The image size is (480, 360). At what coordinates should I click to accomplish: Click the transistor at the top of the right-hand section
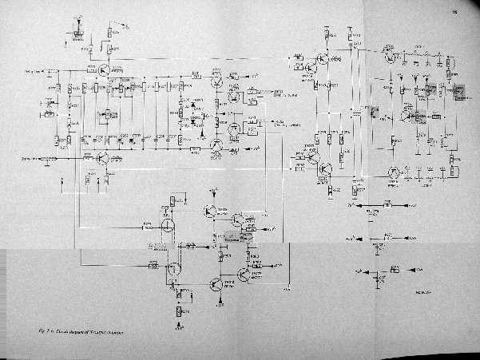pos(390,56)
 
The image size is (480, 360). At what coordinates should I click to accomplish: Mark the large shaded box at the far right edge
pos(460,93)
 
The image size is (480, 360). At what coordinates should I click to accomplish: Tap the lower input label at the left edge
pos(32,158)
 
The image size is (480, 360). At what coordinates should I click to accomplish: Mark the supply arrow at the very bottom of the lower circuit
pos(177,327)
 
